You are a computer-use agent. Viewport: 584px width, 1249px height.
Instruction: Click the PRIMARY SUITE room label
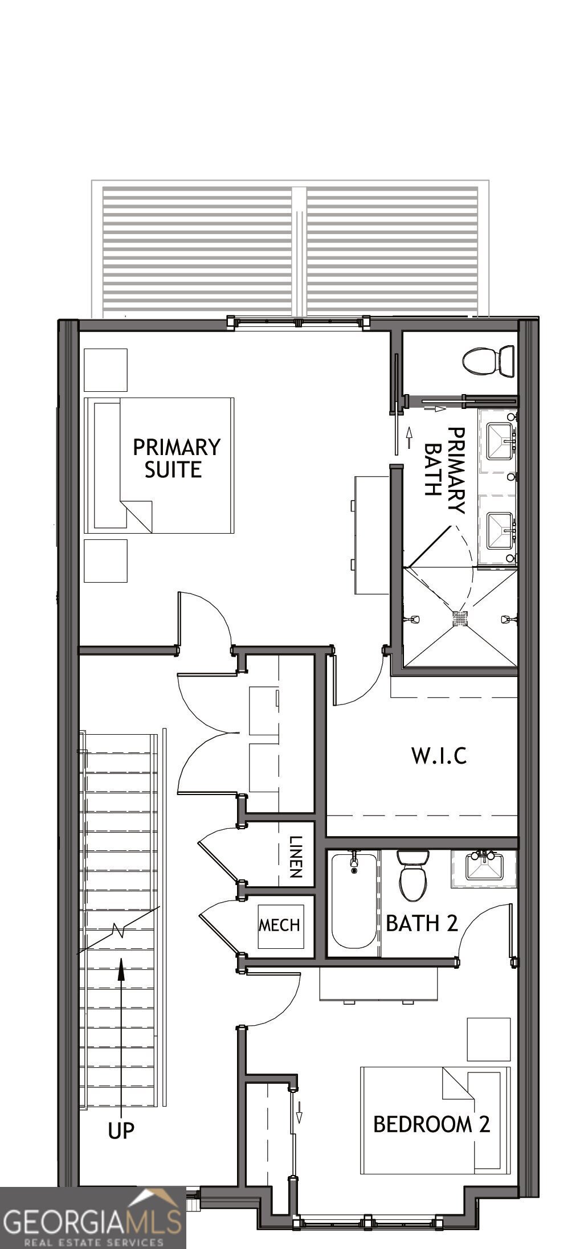(x=176, y=458)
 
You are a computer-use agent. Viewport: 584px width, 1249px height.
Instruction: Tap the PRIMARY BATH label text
(x=445, y=470)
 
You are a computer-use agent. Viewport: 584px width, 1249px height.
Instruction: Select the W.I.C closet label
(x=439, y=755)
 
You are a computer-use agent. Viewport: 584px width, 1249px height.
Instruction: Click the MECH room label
(x=279, y=924)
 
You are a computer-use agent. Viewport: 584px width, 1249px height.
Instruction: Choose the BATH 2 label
(x=422, y=923)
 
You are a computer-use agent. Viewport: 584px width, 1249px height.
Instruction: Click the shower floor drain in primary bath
(x=460, y=617)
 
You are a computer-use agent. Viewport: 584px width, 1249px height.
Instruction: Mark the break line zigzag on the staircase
(x=120, y=929)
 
